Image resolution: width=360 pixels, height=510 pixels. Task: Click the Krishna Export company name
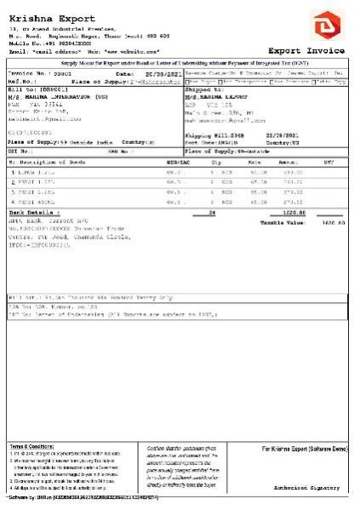pyautogui.click(x=46, y=16)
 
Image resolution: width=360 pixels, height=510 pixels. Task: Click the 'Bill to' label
pyautogui.click(x=26, y=88)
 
